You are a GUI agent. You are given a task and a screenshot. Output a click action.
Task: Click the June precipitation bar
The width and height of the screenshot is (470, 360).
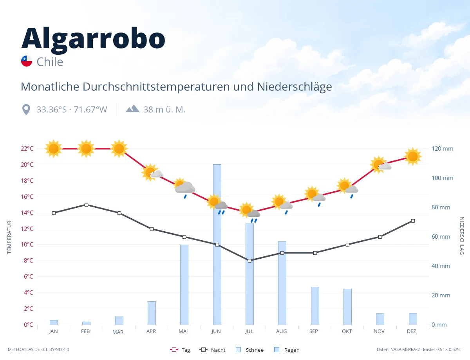tap(217, 244)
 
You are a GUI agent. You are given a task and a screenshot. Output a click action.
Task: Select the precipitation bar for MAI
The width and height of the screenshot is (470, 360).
tap(184, 285)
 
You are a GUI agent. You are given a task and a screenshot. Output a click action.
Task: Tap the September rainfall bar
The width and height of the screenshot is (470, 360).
tap(315, 306)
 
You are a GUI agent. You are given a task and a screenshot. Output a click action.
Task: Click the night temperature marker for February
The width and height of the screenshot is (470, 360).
tap(86, 205)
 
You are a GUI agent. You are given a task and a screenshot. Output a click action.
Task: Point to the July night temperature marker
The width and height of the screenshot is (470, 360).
tap(249, 261)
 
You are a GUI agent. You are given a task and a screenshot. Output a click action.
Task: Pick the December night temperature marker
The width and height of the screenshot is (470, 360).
tap(413, 221)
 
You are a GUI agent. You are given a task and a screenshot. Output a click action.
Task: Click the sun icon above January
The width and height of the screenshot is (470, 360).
tap(54, 149)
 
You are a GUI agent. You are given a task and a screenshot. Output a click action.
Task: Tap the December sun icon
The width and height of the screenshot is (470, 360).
tap(413, 157)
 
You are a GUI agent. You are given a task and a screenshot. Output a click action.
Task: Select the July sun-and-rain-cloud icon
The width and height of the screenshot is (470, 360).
tap(249, 212)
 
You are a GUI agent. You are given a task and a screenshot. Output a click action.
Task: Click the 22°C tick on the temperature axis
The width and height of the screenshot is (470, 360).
tap(27, 148)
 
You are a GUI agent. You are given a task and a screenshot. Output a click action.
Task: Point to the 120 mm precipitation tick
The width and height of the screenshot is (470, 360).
tap(442, 148)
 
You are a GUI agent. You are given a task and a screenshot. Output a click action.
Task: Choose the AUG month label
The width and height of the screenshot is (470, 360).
tap(281, 331)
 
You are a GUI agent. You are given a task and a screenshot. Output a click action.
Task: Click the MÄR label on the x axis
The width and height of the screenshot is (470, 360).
tap(118, 332)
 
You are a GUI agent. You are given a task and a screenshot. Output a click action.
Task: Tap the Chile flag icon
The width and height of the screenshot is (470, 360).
tap(27, 61)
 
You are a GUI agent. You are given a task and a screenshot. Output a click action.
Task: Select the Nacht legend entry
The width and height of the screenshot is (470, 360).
tap(212, 350)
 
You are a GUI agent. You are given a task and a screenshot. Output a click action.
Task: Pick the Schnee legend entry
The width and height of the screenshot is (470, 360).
tap(249, 350)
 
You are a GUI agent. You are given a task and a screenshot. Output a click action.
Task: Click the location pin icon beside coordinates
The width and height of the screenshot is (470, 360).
tap(26, 110)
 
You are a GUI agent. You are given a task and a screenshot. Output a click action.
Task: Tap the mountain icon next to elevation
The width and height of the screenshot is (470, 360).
tap(132, 108)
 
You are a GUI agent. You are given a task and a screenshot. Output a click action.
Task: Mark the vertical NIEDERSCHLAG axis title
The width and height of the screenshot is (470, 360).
tap(461, 236)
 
